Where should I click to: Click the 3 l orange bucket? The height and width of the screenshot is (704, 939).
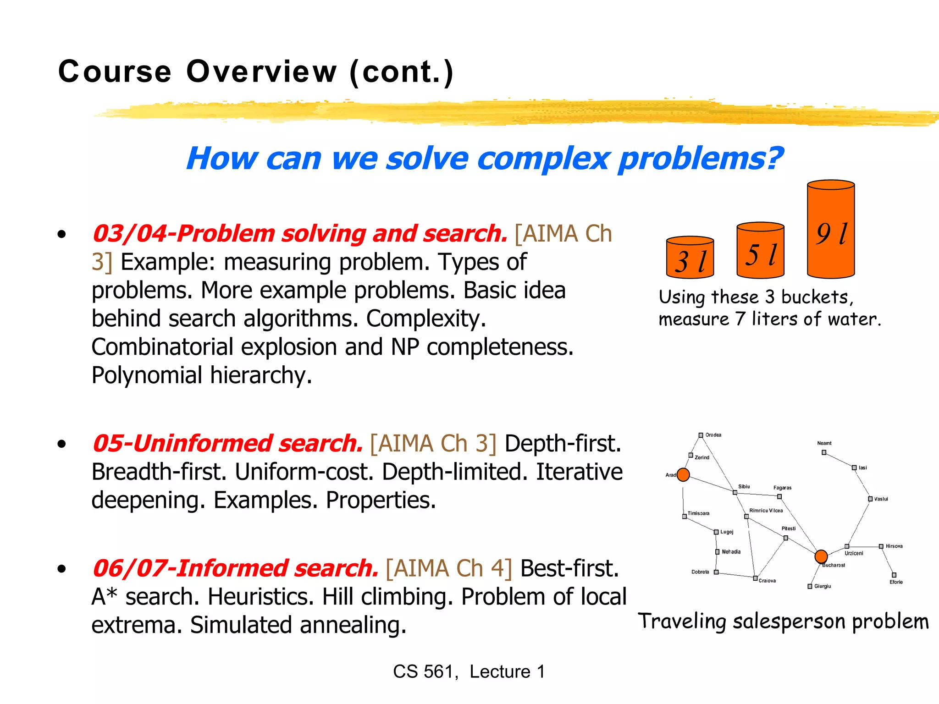pyautogui.click(x=690, y=258)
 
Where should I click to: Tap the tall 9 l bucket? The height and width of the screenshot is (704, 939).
pyautogui.click(x=831, y=229)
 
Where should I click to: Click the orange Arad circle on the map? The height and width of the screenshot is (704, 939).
pyautogui.click(x=683, y=474)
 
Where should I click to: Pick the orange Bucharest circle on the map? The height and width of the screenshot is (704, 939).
pyautogui.click(x=821, y=556)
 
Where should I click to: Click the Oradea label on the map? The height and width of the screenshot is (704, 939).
pyautogui.click(x=713, y=434)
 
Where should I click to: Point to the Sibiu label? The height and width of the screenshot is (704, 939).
pyautogui.click(x=744, y=486)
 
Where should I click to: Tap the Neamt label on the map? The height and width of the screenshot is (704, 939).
pyautogui.click(x=824, y=443)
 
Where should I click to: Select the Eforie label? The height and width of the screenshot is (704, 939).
pyautogui.click(x=896, y=582)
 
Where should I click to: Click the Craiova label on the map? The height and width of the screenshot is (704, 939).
pyautogui.click(x=767, y=581)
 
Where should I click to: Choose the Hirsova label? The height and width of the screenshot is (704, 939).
pyautogui.click(x=894, y=546)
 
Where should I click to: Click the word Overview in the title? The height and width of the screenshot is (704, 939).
pyautogui.click(x=261, y=71)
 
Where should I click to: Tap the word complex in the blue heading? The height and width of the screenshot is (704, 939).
pyautogui.click(x=543, y=159)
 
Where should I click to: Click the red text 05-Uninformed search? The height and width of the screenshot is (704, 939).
pyautogui.click(x=227, y=444)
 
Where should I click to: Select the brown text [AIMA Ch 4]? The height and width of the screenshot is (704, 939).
pyautogui.click(x=449, y=568)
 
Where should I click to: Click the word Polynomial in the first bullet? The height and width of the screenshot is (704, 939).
pyautogui.click(x=147, y=375)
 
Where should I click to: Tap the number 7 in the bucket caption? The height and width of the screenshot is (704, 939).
pyautogui.click(x=740, y=319)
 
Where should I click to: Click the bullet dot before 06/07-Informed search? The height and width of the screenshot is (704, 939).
pyautogui.click(x=62, y=569)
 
